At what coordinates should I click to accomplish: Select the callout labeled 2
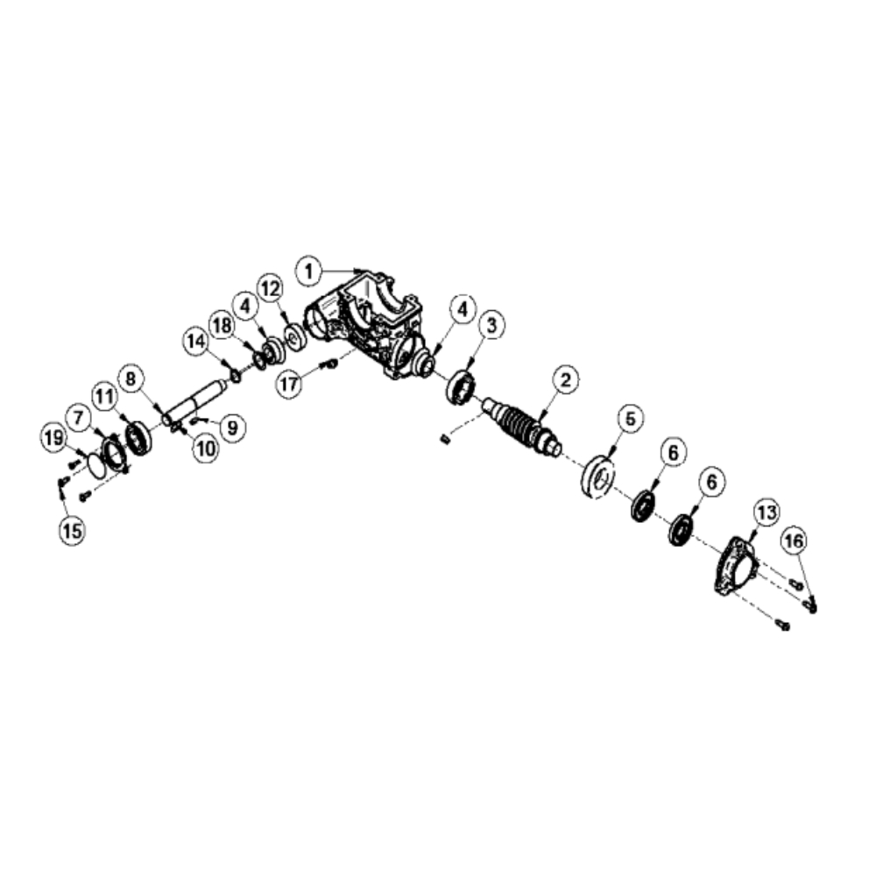pyautogui.click(x=566, y=380)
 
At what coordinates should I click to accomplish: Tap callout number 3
pyautogui.click(x=491, y=325)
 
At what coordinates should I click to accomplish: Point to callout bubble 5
pyautogui.click(x=630, y=419)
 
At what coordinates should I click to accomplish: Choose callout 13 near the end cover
pyautogui.click(x=766, y=512)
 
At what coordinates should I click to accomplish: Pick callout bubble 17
pyautogui.click(x=290, y=384)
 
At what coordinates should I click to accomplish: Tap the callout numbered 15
pyautogui.click(x=72, y=531)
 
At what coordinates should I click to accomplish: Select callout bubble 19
pyautogui.click(x=53, y=438)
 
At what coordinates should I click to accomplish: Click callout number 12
pyautogui.click(x=271, y=289)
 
